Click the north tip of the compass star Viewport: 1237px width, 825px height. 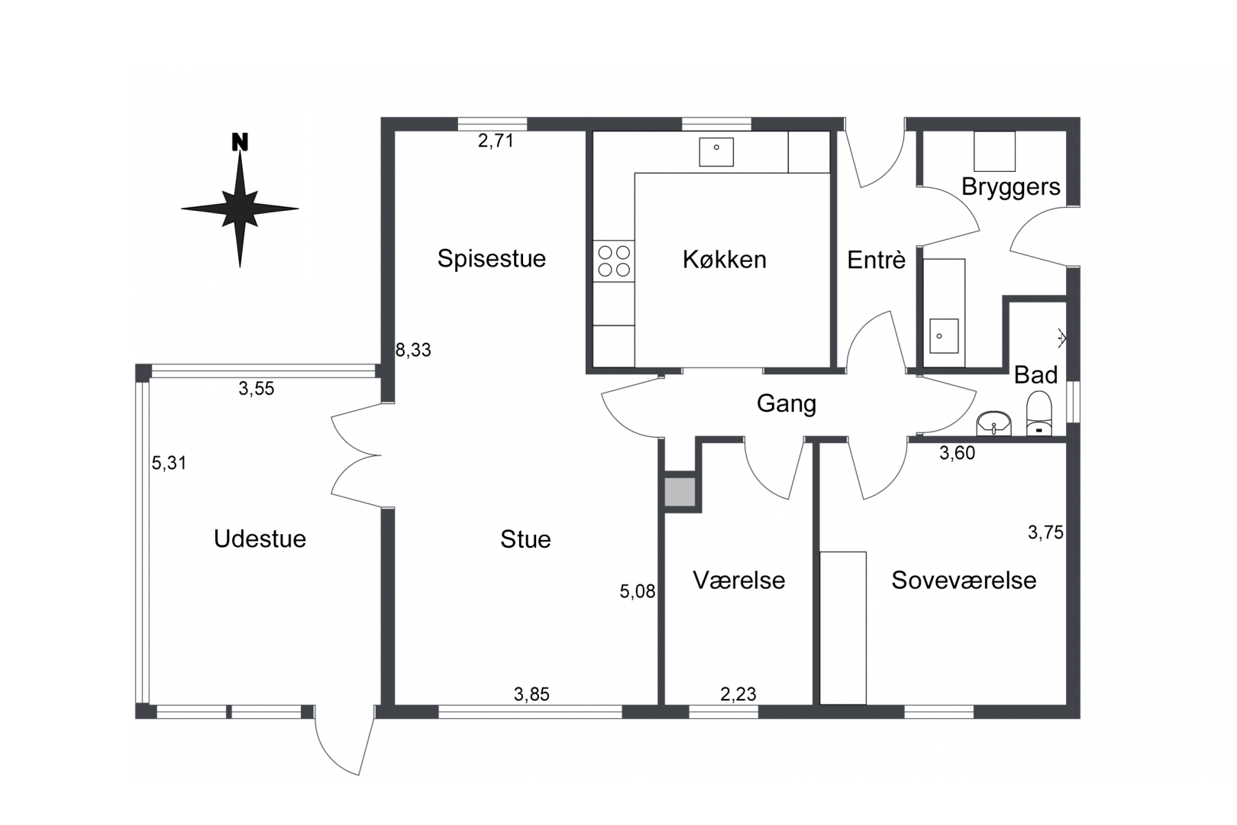coord(240,152)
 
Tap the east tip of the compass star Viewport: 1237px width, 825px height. coord(299,209)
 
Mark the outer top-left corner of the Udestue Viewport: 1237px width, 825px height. coord(136,364)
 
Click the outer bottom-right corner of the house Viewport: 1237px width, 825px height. coord(1080,718)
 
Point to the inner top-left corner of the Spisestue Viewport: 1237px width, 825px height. coord(396,131)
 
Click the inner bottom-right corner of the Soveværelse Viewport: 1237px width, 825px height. coord(1067,704)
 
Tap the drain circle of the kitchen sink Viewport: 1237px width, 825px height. coord(716,147)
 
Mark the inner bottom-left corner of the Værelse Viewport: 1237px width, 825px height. coord(665,704)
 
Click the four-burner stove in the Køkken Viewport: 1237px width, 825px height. coord(614,260)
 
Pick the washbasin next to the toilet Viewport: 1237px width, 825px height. coord(994,424)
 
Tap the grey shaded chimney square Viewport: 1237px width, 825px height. coord(680,492)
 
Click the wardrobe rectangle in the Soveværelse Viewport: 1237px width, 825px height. coord(843,628)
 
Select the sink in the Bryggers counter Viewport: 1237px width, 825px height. coord(944,335)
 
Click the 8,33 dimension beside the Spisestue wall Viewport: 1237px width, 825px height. coord(413,350)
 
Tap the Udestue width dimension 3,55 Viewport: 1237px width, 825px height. coord(257,389)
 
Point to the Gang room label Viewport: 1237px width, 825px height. coord(786,405)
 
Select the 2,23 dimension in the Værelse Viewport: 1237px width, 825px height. coord(738,694)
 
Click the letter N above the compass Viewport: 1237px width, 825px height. coord(240,142)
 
